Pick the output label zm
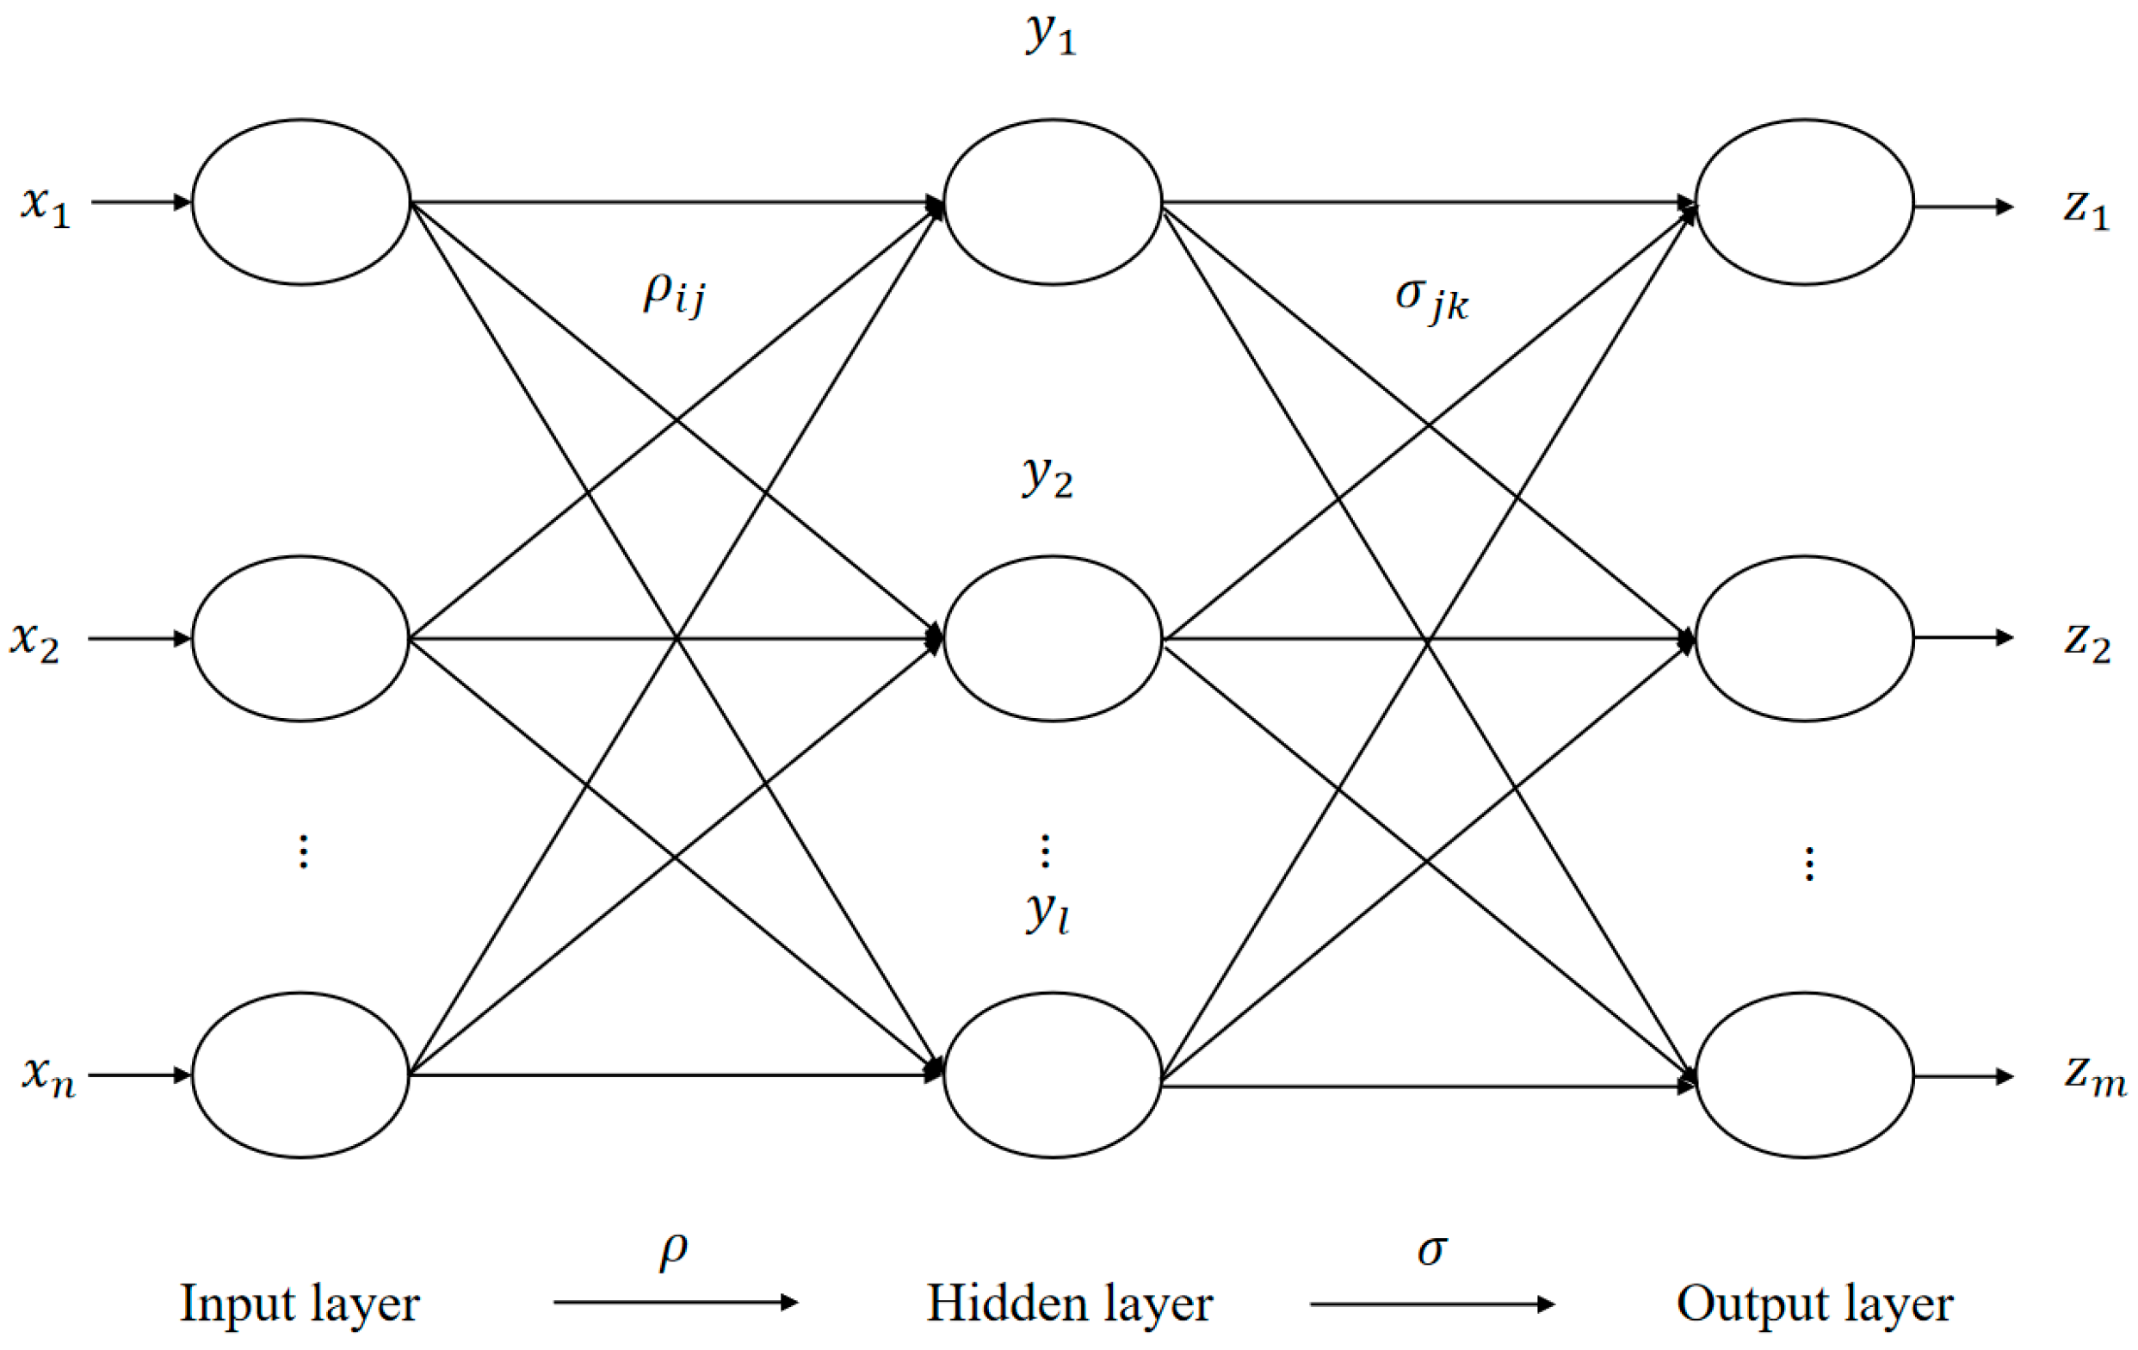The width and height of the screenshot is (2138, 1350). [x=2093, y=1077]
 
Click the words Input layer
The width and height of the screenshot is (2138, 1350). [x=300, y=1304]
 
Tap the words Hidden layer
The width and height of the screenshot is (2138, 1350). [x=1069, y=1304]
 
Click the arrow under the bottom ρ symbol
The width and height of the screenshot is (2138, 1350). [x=676, y=1303]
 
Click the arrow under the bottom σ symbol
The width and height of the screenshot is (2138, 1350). [x=1432, y=1304]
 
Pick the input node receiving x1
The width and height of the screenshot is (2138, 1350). [x=301, y=202]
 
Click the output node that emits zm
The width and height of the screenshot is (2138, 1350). [x=1804, y=1075]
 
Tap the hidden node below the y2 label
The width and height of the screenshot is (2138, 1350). [x=1052, y=639]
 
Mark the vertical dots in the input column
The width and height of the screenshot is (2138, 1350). [x=304, y=851]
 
